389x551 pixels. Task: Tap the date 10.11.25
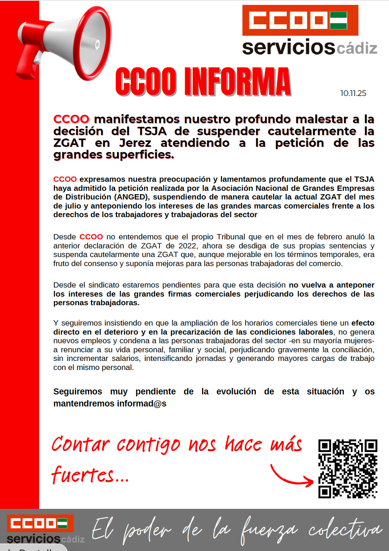click(353, 93)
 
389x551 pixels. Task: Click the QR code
click(348, 469)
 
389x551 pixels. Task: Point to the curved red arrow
click(292, 476)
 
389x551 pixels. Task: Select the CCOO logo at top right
click(300, 20)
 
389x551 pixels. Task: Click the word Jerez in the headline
click(135, 143)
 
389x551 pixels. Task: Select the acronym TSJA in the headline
click(152, 131)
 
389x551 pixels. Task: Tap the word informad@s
click(141, 403)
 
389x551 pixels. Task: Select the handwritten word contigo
click(148, 445)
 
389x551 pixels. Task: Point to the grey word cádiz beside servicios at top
click(357, 48)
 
